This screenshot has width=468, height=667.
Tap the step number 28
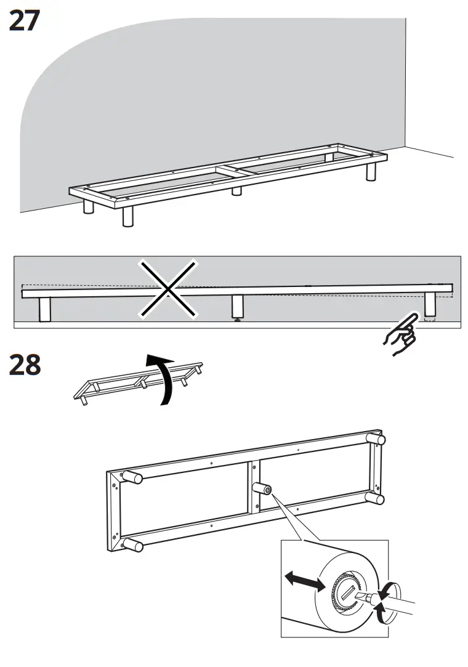pos(24,365)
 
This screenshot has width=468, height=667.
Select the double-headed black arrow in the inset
pos(304,580)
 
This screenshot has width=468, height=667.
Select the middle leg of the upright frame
pos(262,489)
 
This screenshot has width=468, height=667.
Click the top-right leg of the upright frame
pos(376,439)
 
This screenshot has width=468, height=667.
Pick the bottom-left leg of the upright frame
pos(133,544)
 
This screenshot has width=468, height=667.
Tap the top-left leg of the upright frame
pos(131,477)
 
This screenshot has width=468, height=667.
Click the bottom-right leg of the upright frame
pos(375,498)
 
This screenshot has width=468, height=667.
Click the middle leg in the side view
pos(238,306)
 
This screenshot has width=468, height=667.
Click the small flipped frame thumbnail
pos(138,382)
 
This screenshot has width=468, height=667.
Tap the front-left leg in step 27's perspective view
pos(127,216)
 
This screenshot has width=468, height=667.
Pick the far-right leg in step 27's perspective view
pos(371,172)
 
